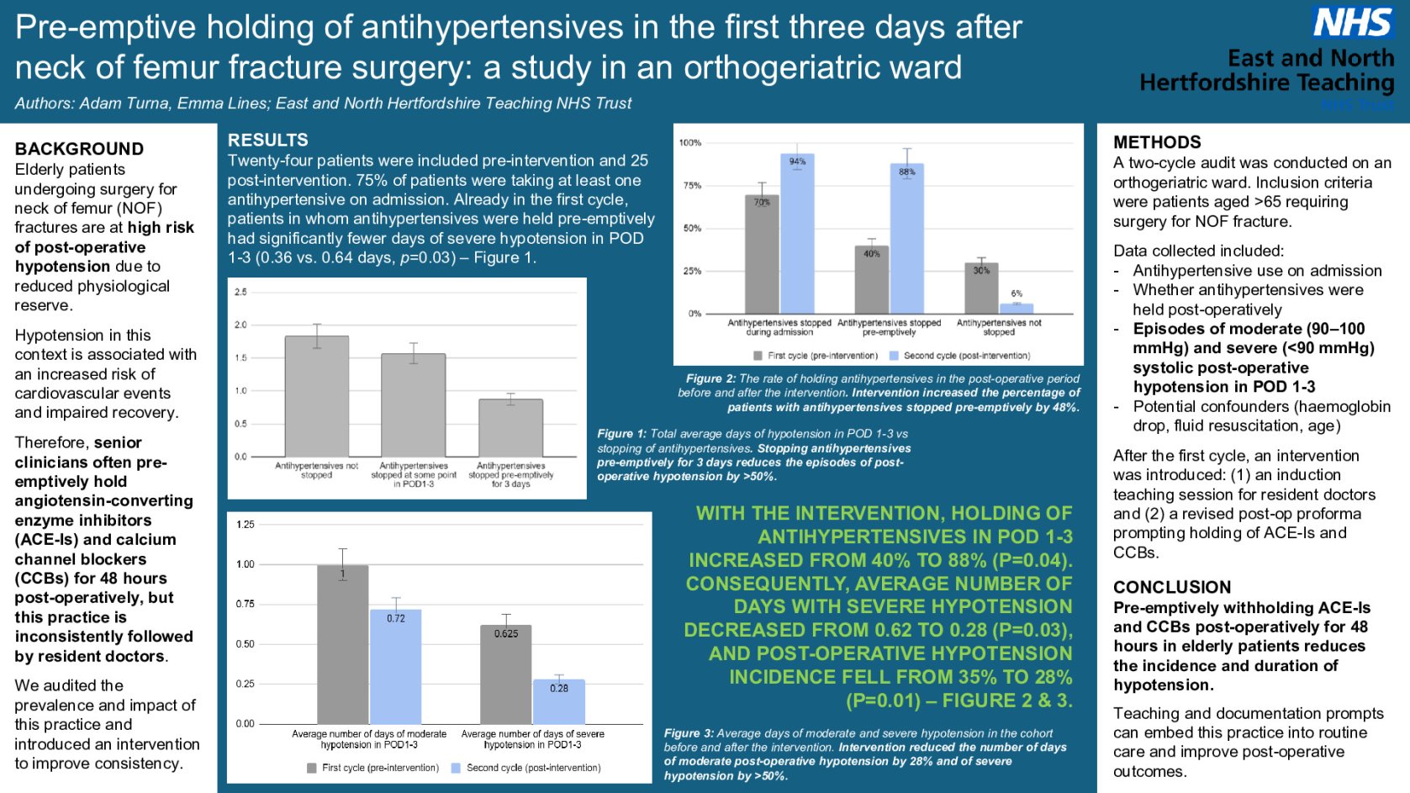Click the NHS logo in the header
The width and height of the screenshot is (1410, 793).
1352,23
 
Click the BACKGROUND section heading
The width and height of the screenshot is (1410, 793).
79,149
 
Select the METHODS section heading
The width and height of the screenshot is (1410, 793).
1157,142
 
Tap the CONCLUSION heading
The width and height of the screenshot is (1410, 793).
1171,587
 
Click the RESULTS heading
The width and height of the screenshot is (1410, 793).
267,140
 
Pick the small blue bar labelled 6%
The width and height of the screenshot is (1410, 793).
1017,309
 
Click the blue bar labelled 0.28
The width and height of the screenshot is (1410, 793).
559,702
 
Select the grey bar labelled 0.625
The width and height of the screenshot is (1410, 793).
506,674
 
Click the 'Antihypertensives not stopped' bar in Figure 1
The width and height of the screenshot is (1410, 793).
316,396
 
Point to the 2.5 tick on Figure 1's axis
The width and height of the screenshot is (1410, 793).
240,292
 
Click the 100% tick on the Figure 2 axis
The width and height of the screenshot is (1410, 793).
689,143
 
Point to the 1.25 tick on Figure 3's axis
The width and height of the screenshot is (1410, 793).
245,525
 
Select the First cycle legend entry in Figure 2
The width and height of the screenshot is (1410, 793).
816,356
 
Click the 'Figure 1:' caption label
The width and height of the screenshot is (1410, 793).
621,434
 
